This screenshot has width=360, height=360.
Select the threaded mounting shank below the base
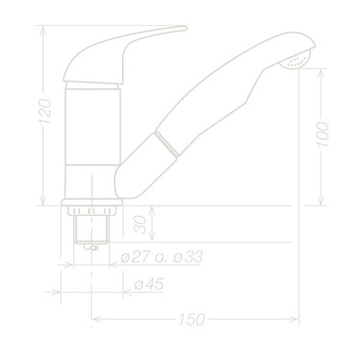(x=91, y=228)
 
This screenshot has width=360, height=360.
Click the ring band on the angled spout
(x=167, y=145)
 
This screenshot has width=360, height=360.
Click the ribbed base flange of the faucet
(x=91, y=205)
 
